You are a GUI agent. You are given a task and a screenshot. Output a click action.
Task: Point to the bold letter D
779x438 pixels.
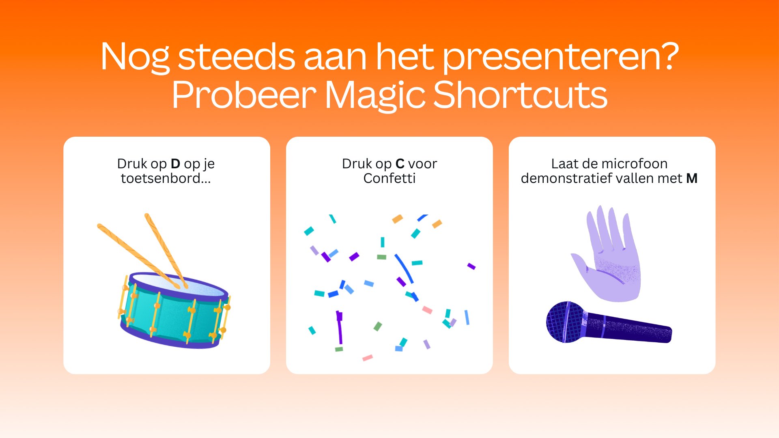click(x=175, y=163)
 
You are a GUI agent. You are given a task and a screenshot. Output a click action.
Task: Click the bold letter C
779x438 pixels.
click(x=400, y=163)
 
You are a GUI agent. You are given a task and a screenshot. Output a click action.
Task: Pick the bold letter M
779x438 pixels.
click(x=692, y=178)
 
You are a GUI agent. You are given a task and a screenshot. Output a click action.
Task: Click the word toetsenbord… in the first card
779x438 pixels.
click(x=166, y=178)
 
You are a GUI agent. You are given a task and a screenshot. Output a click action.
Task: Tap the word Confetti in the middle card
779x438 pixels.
click(x=389, y=178)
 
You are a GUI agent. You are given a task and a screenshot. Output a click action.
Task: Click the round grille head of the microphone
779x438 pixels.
click(x=565, y=322)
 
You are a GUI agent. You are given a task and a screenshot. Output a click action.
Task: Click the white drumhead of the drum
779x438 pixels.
click(x=179, y=285)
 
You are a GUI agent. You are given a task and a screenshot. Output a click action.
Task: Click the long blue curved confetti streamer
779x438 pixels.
click(x=404, y=268)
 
